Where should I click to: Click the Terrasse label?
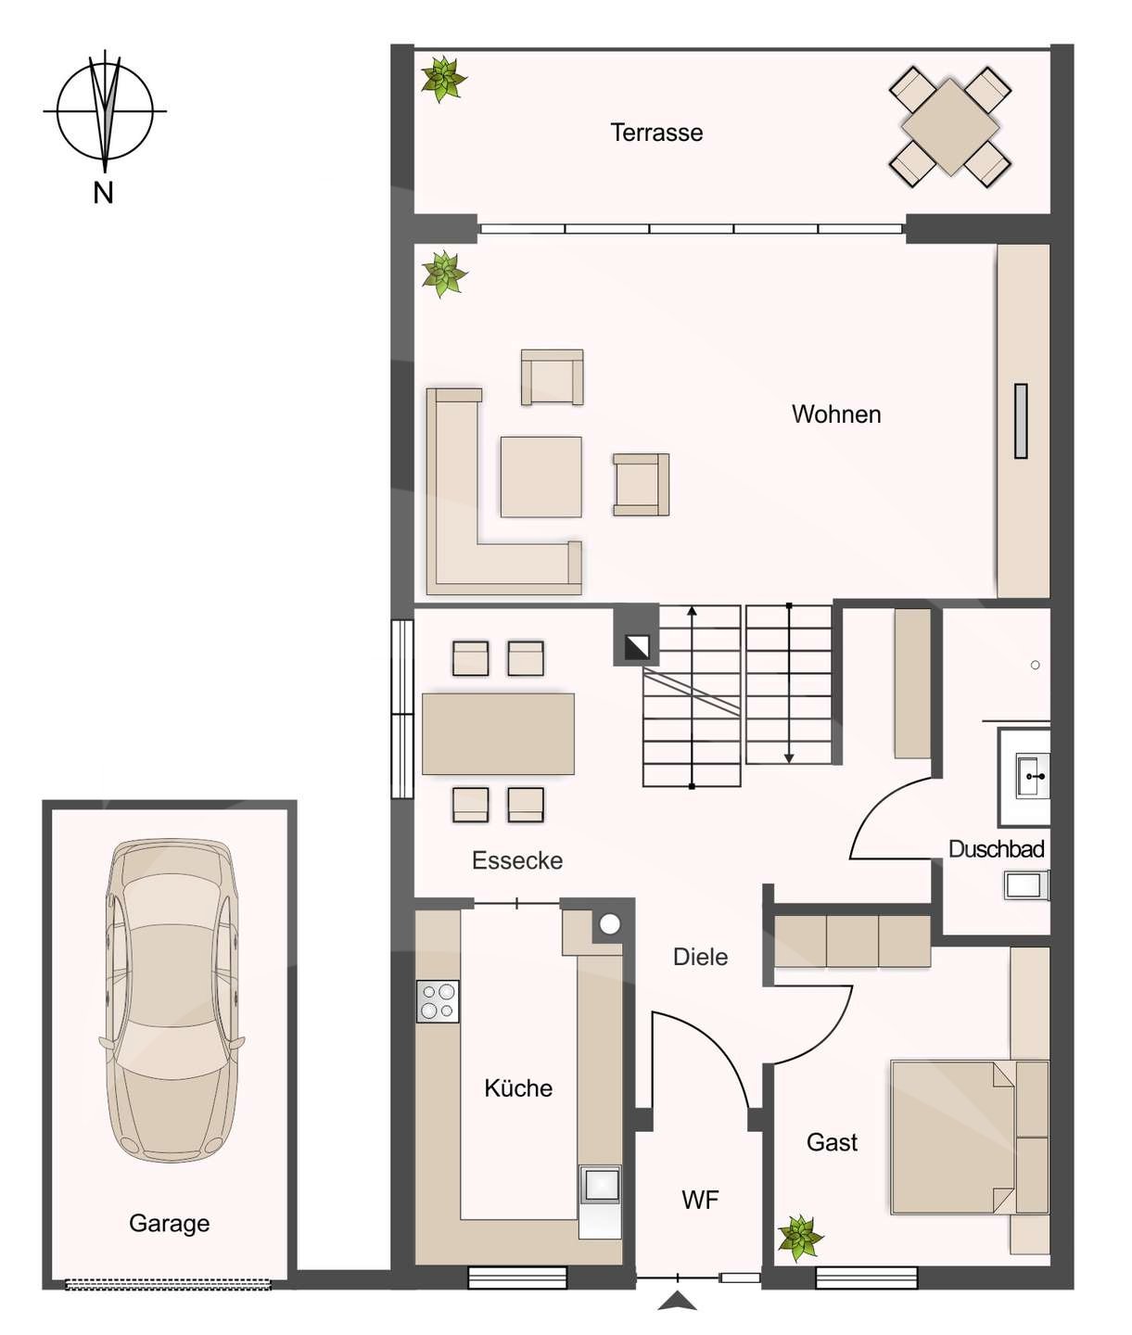click(656, 133)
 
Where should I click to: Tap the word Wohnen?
click(835, 414)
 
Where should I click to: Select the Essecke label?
click(517, 860)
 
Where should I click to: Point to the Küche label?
click(518, 1088)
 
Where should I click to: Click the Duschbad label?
click(996, 849)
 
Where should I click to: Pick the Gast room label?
click(832, 1142)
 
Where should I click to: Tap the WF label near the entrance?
click(700, 1201)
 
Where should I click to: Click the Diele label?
click(700, 957)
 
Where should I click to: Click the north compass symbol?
click(105, 111)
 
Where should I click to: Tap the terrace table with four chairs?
click(949, 127)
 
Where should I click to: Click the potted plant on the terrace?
click(443, 79)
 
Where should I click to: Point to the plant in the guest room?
click(799, 1238)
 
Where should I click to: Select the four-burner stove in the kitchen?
click(438, 1001)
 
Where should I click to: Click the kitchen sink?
click(601, 1185)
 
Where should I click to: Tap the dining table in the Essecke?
click(498, 733)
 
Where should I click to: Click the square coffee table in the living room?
click(541, 477)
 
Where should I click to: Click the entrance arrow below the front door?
click(677, 1302)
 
